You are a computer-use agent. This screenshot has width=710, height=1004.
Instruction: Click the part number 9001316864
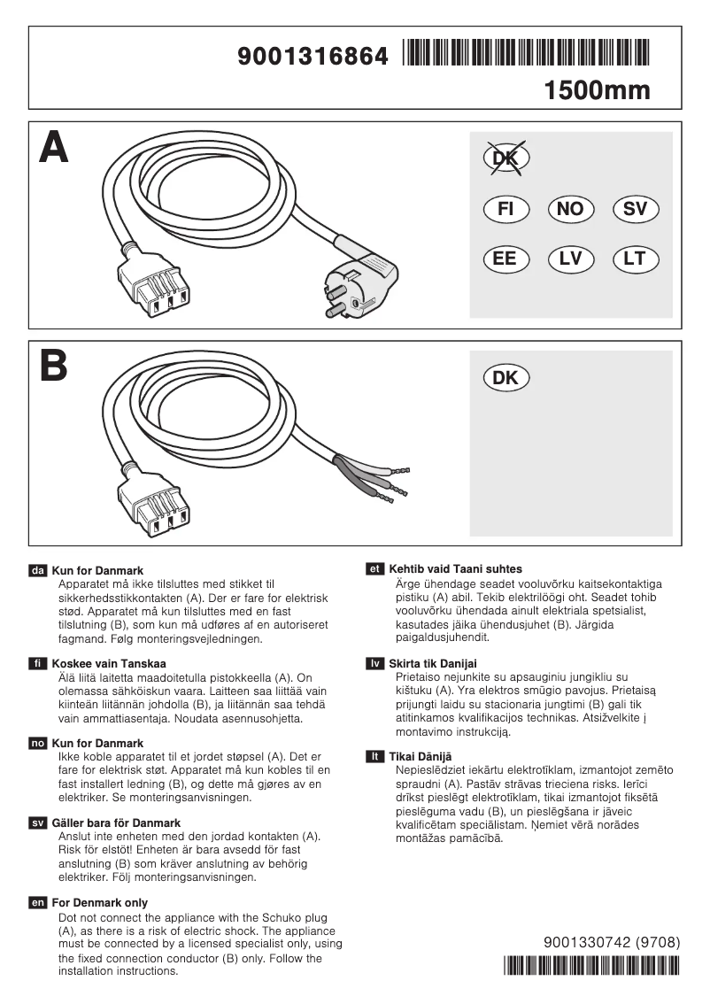(313, 57)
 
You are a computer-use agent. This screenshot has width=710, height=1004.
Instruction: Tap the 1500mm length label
(597, 90)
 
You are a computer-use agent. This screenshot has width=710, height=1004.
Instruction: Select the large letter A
(54, 147)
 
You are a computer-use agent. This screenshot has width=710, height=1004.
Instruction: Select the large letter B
(53, 366)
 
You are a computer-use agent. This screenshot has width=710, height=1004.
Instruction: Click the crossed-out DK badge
(506, 158)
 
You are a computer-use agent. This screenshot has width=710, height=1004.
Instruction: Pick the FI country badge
(506, 209)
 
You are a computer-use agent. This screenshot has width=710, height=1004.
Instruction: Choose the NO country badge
(571, 209)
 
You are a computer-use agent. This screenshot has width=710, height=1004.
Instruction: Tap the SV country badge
(635, 209)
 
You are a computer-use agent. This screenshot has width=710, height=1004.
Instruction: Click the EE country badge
(506, 259)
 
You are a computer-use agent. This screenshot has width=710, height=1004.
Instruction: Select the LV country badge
(571, 259)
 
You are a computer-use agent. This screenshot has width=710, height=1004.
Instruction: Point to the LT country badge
(635, 259)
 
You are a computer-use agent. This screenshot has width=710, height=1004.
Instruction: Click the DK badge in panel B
(506, 378)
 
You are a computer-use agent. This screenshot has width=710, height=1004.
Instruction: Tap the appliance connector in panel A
(157, 290)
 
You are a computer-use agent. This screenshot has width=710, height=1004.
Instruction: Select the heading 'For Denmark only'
(99, 902)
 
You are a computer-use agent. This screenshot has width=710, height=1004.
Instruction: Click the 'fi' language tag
(38, 663)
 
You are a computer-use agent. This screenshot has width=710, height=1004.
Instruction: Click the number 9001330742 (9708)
(612, 943)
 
